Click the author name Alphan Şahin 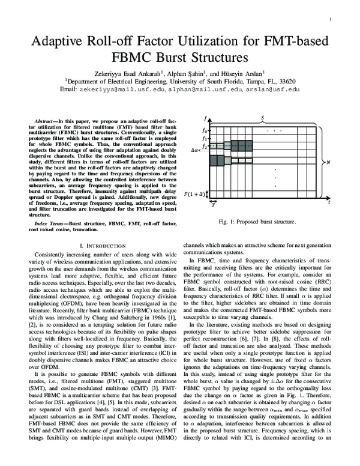coord(183,70)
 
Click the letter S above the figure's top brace coord(262,118)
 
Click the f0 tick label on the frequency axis coord(204,130)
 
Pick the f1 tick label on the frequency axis coord(204,138)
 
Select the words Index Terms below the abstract coord(50,223)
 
